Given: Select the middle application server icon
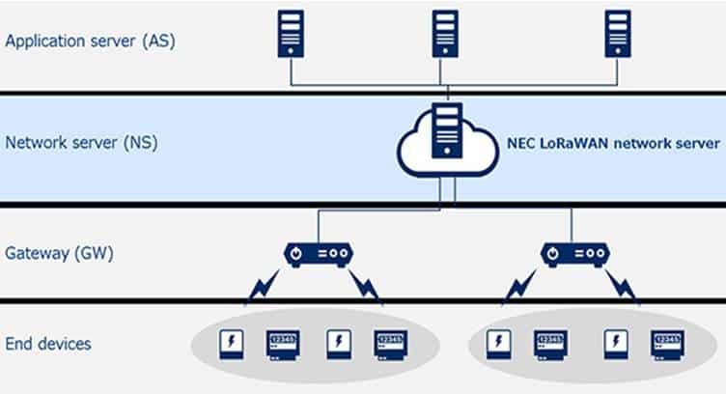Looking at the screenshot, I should [x=445, y=36].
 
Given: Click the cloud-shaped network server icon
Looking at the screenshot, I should [x=445, y=143].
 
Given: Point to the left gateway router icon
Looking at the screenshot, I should [x=318, y=254].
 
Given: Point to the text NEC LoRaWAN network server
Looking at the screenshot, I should [x=613, y=143].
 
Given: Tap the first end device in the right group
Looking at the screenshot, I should [x=499, y=344].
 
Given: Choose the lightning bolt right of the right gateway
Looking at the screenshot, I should [x=623, y=286].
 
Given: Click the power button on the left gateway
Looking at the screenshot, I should [x=297, y=254].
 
